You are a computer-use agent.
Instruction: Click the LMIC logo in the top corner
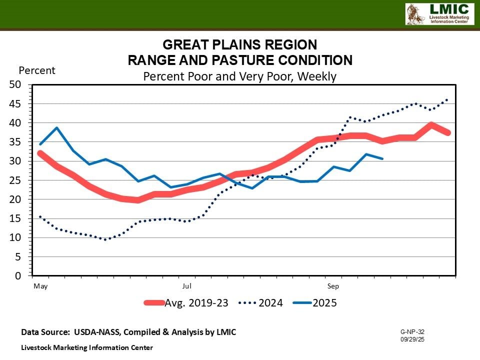pyautogui.click(x=439, y=14)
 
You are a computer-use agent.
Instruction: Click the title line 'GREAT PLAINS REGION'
pyautogui.click(x=239, y=44)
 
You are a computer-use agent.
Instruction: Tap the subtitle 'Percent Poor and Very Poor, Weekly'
pyautogui.click(x=239, y=76)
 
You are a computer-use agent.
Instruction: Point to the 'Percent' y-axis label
pyautogui.click(x=37, y=70)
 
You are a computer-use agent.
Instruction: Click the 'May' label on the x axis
pyautogui.click(x=40, y=286)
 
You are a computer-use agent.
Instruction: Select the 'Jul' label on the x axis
pyautogui.click(x=186, y=286)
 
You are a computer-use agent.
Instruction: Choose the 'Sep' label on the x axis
pyautogui.click(x=333, y=286)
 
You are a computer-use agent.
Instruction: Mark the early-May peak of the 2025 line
pyautogui.click(x=56, y=127)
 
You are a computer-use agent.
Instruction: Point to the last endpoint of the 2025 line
pyautogui.click(x=382, y=158)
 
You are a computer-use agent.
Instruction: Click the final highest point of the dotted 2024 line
pyautogui.click(x=446, y=100)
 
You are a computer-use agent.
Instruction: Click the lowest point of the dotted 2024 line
pyautogui.click(x=105, y=239)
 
